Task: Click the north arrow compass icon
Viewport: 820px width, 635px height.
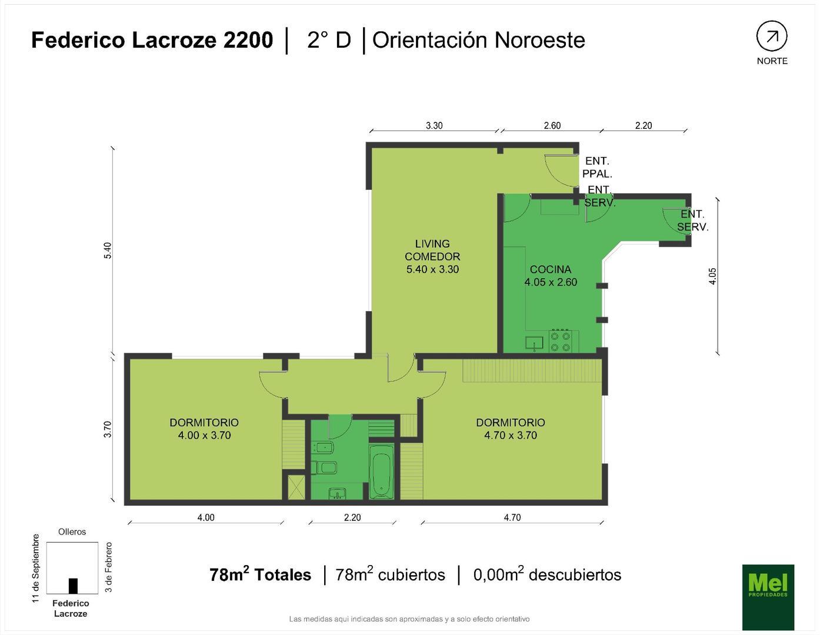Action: pyautogui.click(x=771, y=36)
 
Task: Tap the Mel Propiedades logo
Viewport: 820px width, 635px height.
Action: pyautogui.click(x=768, y=596)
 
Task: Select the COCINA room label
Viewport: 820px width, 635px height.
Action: pyautogui.click(x=551, y=276)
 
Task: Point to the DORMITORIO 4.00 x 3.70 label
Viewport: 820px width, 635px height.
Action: pyautogui.click(x=204, y=429)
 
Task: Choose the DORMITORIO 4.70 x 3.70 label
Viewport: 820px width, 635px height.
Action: pyautogui.click(x=511, y=429)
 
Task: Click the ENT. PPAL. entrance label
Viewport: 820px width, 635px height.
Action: pyautogui.click(x=597, y=167)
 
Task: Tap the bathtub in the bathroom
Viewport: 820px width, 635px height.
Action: pyautogui.click(x=381, y=472)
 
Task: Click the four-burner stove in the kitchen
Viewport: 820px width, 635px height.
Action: pyautogui.click(x=559, y=342)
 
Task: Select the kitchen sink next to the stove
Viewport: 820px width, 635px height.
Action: pyautogui.click(x=535, y=343)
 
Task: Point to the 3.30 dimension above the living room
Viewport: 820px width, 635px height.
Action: pyautogui.click(x=434, y=125)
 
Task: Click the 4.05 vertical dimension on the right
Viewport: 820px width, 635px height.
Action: pyautogui.click(x=712, y=276)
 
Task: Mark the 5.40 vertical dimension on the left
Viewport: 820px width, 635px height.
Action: pyautogui.click(x=108, y=250)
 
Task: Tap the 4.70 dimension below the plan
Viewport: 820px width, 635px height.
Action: pyautogui.click(x=512, y=517)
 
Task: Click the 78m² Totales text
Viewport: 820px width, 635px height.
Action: pyautogui.click(x=260, y=574)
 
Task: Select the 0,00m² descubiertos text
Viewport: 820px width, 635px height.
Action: pyautogui.click(x=547, y=574)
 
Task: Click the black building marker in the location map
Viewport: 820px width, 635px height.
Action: pyautogui.click(x=73, y=586)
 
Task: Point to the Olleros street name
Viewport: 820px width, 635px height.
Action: pyautogui.click(x=72, y=532)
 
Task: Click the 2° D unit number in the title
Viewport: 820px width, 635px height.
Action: pyautogui.click(x=329, y=40)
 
